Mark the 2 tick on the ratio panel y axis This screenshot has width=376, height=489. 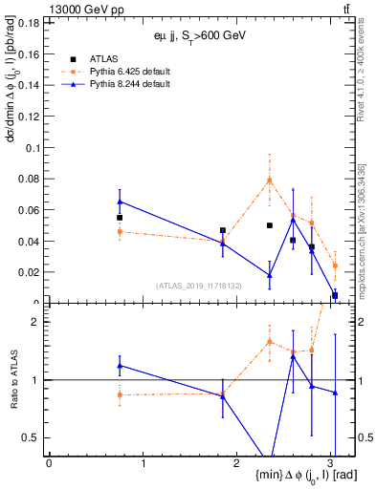coord(39,322)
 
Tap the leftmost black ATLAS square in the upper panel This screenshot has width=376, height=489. coord(120,218)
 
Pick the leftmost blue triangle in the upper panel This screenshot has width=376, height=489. coord(120,202)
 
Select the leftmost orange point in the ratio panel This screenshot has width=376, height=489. coord(120,394)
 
